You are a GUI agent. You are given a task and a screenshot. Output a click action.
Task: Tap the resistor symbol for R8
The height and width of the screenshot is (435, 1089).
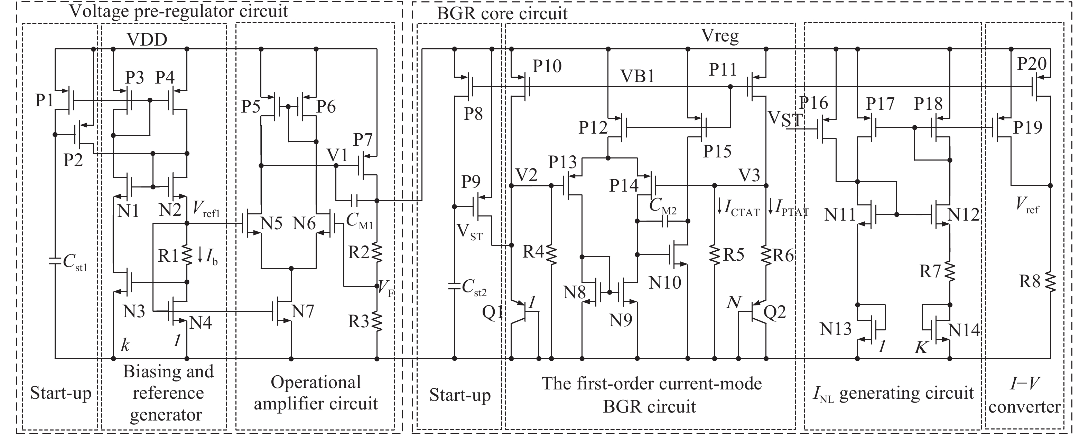point(1050,282)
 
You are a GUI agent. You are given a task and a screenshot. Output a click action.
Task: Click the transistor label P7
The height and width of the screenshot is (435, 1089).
point(363,140)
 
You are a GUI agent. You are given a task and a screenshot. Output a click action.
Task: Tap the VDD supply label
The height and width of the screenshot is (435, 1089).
point(147,40)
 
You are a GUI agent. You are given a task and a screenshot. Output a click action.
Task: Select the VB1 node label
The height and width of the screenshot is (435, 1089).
point(637,76)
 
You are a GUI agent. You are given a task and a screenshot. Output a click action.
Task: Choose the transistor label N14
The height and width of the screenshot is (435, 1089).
point(964,329)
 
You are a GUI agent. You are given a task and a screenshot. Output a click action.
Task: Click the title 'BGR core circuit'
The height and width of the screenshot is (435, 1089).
point(502,13)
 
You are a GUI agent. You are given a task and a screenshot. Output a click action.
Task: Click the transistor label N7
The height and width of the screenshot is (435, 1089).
point(303,311)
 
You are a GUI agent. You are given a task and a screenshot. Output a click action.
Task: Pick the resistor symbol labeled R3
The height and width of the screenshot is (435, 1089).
point(376,321)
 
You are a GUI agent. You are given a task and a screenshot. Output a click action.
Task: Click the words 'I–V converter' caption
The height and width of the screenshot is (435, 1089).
point(1024,395)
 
